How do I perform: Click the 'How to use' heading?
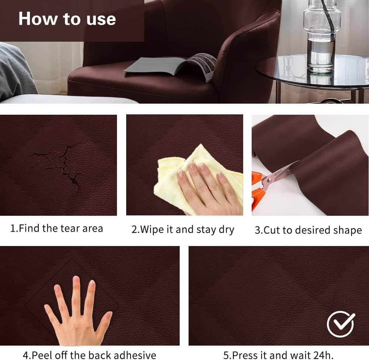67,18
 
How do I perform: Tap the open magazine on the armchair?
170,66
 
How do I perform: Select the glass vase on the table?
322,36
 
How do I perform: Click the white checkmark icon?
341,324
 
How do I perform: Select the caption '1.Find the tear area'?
56,228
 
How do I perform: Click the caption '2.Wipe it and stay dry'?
183,230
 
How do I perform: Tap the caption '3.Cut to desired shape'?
308,230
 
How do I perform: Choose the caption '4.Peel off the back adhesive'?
89,355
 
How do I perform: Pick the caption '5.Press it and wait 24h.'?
278,355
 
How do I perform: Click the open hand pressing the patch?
77,313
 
